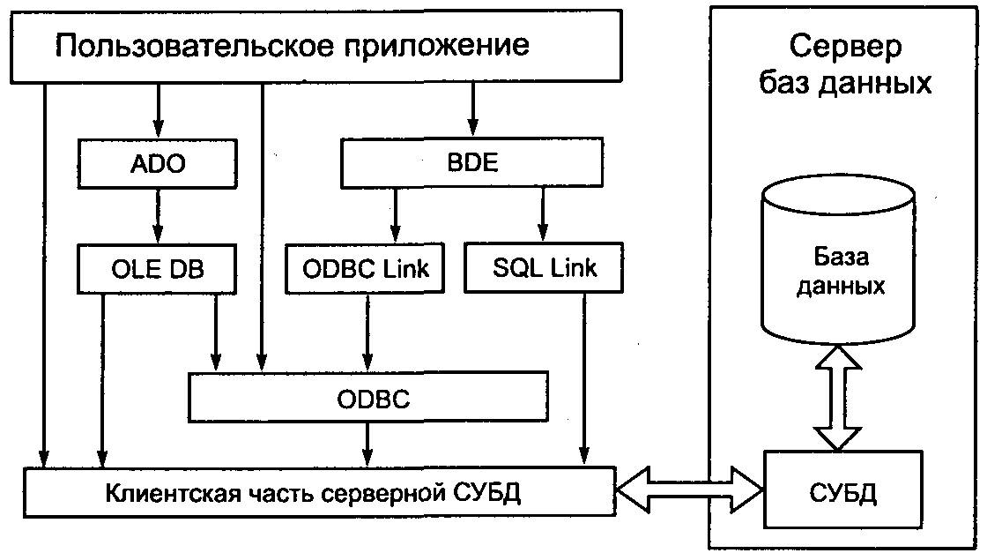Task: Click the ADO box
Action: click(x=159, y=164)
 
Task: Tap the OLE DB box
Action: click(x=159, y=267)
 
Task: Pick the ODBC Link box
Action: click(x=364, y=267)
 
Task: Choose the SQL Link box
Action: click(x=542, y=267)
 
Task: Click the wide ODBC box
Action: click(x=374, y=399)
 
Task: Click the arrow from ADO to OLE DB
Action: click(x=159, y=215)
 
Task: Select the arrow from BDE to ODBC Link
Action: click(x=395, y=215)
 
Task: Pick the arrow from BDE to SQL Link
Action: click(x=542, y=215)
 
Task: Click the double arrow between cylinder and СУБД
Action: click(x=836, y=396)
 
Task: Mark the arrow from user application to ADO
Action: click(x=159, y=111)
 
